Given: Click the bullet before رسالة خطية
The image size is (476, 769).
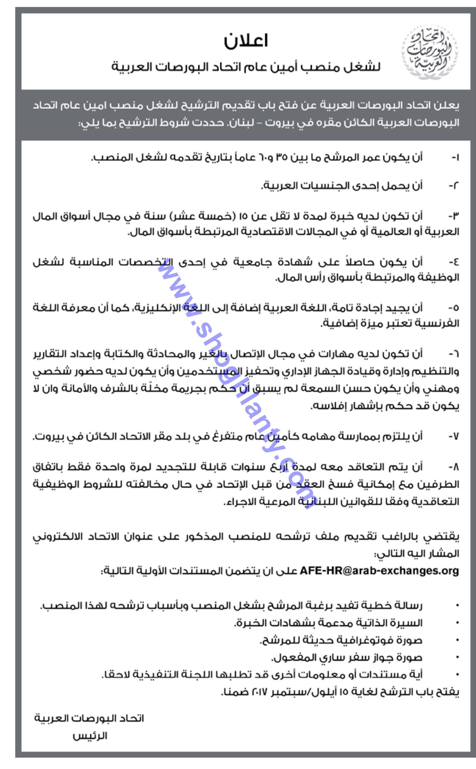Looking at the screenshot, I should pos(457,605).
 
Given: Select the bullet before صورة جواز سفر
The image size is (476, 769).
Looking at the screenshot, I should pos(457,657).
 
